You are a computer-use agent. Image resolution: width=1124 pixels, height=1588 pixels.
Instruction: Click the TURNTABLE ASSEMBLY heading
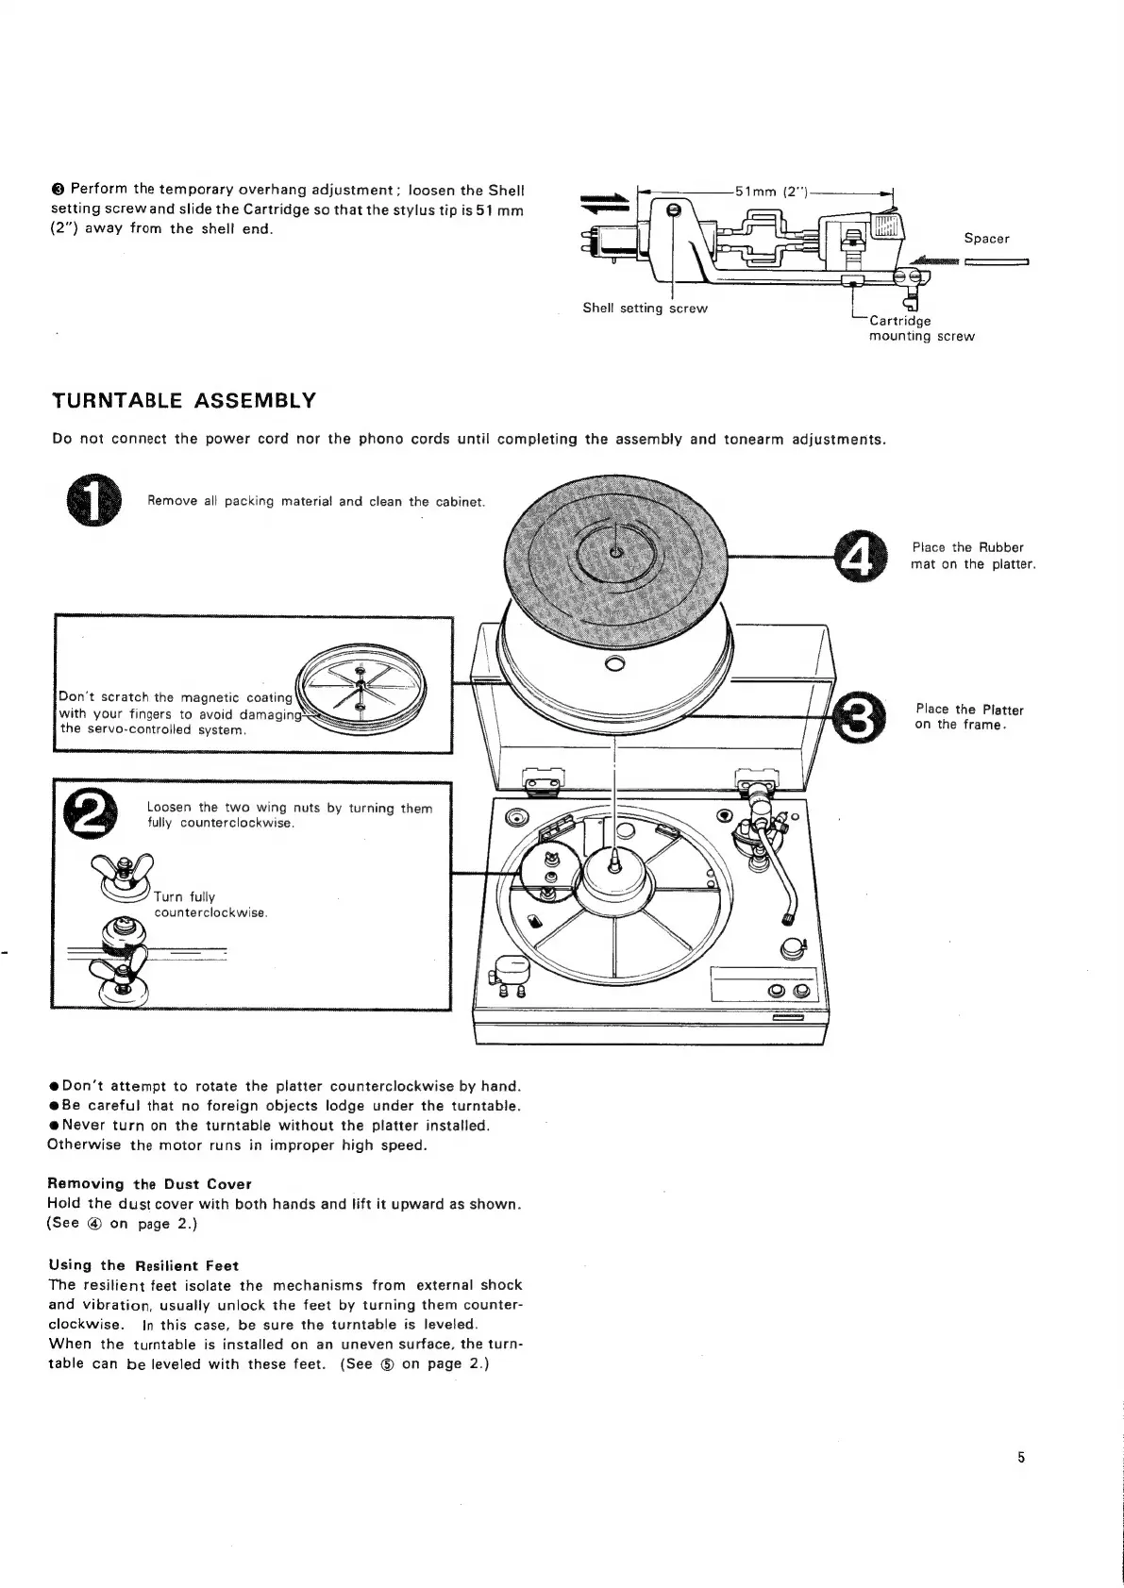click(x=183, y=401)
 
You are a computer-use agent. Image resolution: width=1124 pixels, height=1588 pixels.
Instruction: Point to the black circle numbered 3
click(x=858, y=717)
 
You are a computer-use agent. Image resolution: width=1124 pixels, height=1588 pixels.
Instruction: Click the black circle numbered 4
click(x=862, y=556)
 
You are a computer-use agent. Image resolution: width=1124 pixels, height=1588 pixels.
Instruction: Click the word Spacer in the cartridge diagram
click(x=986, y=239)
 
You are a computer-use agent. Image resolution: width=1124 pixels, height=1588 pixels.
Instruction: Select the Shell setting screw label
click(x=645, y=309)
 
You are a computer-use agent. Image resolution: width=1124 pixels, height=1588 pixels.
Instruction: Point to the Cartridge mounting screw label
click(x=920, y=328)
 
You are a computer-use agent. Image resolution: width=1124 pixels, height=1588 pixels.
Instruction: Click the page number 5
click(x=1021, y=1458)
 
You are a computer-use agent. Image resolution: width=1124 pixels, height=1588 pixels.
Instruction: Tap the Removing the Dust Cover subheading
click(x=149, y=1184)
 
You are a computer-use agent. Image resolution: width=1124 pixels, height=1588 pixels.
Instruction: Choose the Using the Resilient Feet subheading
click(x=143, y=1265)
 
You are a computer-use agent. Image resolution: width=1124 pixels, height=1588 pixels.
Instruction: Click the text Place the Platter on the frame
click(x=968, y=717)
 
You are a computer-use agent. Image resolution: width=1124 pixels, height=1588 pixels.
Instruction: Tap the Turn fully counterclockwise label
click(x=211, y=905)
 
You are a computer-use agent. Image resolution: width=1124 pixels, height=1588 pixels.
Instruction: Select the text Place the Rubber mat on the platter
click(x=974, y=556)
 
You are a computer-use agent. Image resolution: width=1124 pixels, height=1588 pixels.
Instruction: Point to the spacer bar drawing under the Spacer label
click(x=997, y=263)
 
